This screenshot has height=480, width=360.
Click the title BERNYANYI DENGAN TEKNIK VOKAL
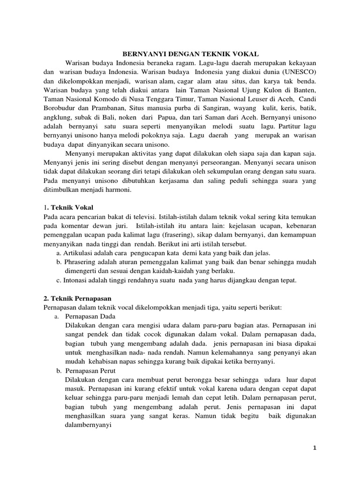pos(194,53)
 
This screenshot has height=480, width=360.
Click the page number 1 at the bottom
pos(315,448)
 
